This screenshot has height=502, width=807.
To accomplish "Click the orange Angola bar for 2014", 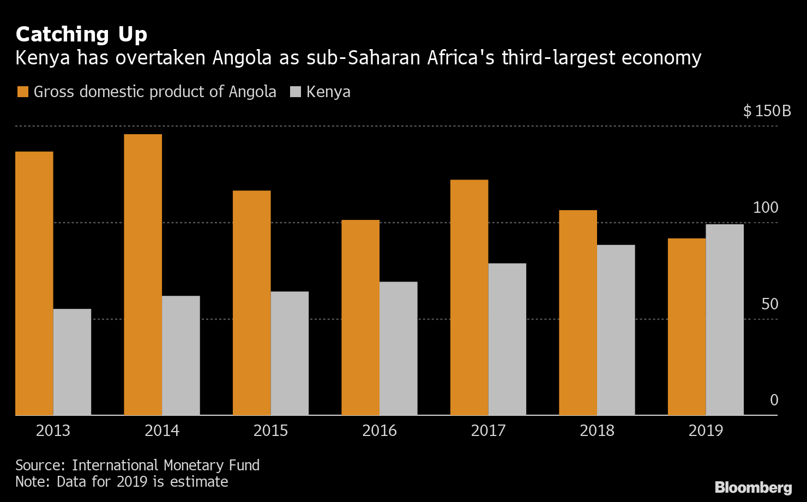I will click(143, 274).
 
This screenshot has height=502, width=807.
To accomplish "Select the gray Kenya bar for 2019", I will click(725, 320).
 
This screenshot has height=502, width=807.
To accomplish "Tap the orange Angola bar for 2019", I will click(686, 327).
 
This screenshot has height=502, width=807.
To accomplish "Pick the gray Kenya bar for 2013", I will click(72, 362).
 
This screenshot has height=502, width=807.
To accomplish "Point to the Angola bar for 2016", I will click(360, 318).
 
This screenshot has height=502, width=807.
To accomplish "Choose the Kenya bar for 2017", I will click(507, 339).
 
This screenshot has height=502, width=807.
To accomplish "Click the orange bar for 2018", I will click(578, 313).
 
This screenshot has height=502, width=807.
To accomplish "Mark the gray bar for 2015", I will click(290, 353).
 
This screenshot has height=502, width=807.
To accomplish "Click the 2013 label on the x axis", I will click(53, 431).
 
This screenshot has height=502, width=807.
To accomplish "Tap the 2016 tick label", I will click(380, 431).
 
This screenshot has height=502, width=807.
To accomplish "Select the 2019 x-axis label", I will click(706, 431).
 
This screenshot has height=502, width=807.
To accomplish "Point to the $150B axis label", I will click(767, 111).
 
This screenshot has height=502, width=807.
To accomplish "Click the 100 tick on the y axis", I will click(766, 207).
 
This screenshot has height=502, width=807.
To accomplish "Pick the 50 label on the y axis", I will click(770, 304).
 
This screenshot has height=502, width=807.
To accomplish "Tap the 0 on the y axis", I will click(774, 400).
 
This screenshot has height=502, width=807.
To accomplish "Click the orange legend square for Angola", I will click(22, 92).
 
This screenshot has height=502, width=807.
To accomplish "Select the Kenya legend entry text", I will click(328, 92).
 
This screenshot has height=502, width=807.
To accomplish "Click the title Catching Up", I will click(81, 34).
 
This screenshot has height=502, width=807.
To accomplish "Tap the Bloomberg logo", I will click(753, 487).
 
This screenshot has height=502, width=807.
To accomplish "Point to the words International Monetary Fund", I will click(166, 465).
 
